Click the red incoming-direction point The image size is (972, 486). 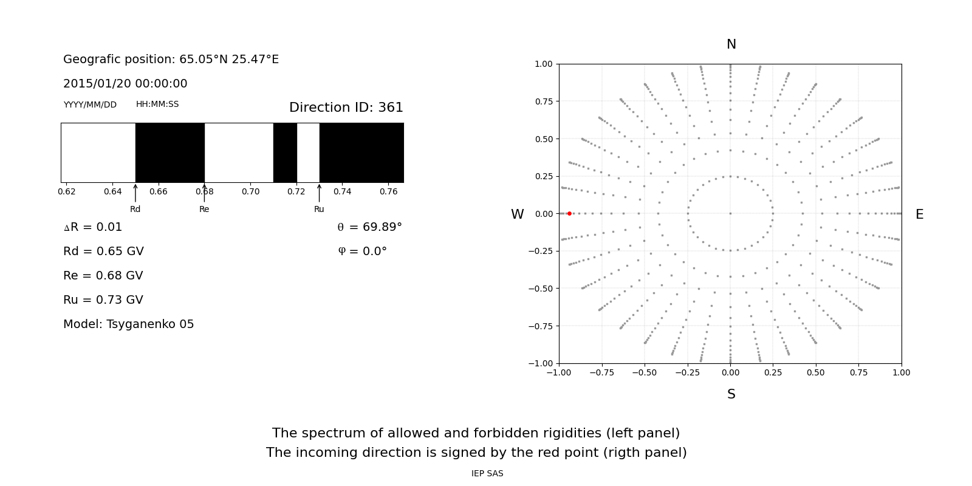tap(569, 213)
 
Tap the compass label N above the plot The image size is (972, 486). tap(731, 44)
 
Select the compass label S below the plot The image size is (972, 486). tap(731, 394)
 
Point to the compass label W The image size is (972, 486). tap(517, 214)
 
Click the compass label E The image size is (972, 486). tap(919, 214)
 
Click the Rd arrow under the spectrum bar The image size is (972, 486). tap(135, 193)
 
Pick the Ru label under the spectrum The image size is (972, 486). tap(319, 210)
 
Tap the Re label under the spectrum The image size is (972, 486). tap(204, 210)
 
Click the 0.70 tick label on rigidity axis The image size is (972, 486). tap(250, 192)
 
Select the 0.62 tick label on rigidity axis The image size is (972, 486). tap(67, 192)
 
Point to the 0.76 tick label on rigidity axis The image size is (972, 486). tap(388, 192)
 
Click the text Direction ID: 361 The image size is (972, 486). tap(346, 108)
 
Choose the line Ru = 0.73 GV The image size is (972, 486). tap(103, 300)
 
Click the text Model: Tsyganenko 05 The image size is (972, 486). tap(129, 324)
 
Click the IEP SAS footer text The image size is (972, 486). tap(487, 474)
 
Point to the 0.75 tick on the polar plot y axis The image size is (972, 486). tap(543, 101)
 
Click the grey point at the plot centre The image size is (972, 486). tap(730, 213)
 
